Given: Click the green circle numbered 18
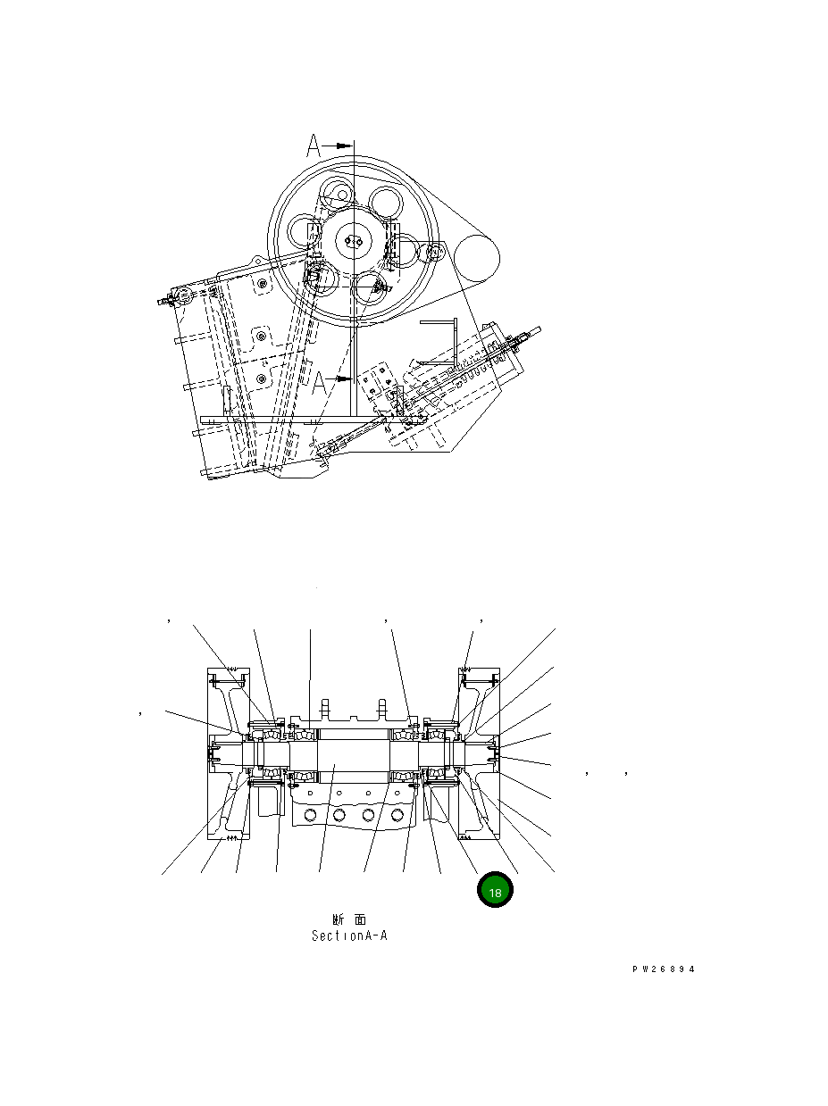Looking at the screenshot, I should pyautogui.click(x=495, y=892).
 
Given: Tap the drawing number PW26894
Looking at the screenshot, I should pyautogui.click(x=662, y=969).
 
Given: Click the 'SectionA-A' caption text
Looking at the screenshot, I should pyautogui.click(x=348, y=936).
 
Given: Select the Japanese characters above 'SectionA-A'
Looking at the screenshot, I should pyautogui.click(x=347, y=919).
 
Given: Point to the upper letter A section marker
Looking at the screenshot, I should pyautogui.click(x=313, y=145).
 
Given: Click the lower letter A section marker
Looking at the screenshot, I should pyautogui.click(x=316, y=382).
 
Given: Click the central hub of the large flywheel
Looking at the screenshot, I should pyautogui.click(x=355, y=241).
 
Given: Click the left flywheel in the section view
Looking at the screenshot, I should pyautogui.click(x=228, y=754).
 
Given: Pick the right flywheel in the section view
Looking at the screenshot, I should pyautogui.click(x=479, y=754).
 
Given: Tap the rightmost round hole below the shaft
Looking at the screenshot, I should pyautogui.click(x=397, y=814).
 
